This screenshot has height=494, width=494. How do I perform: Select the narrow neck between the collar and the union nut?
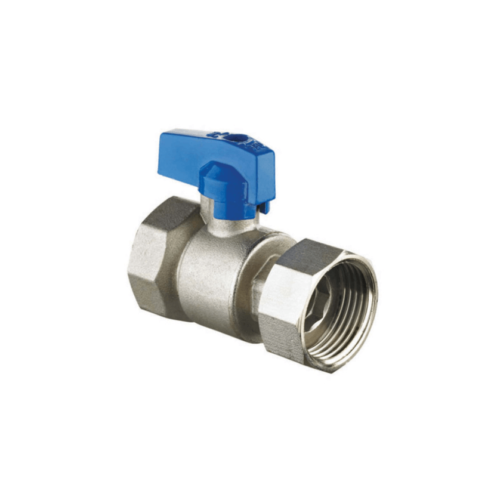[x=258, y=286]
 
